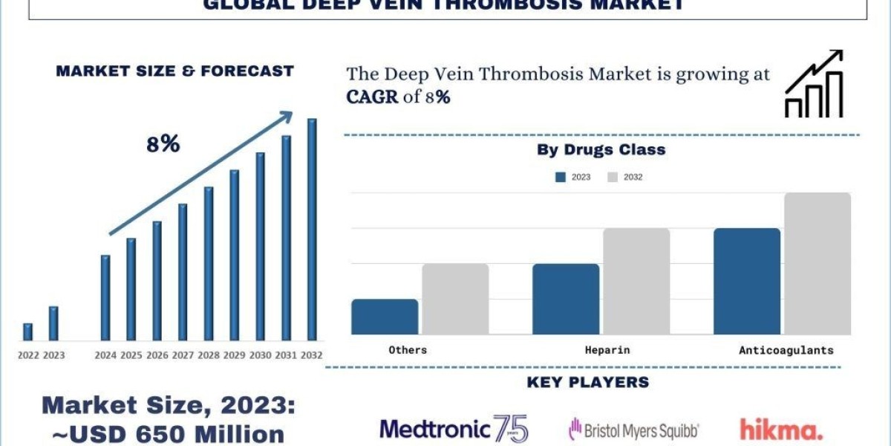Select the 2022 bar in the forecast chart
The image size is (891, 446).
pyautogui.click(x=28, y=332)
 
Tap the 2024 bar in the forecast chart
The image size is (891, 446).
pyautogui.click(x=105, y=298)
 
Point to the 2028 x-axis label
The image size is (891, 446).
pyautogui.click(x=209, y=355)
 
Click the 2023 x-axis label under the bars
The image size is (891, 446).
pyautogui.click(x=53, y=355)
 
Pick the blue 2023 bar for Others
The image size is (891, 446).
pyautogui.click(x=385, y=317)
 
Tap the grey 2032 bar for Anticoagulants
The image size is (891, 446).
pyautogui.click(x=817, y=264)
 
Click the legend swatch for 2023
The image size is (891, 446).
pyautogui.click(x=561, y=177)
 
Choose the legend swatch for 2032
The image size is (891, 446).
pyautogui.click(x=613, y=177)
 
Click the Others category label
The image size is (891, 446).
pyautogui.click(x=408, y=349)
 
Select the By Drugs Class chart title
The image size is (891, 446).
pyautogui.click(x=601, y=149)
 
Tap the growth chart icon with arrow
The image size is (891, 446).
pyautogui.click(x=814, y=84)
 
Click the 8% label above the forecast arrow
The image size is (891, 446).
pyautogui.click(x=163, y=144)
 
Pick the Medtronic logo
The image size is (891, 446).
pyautogui.click(x=454, y=429)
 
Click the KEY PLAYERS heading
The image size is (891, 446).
pyautogui.click(x=587, y=383)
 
